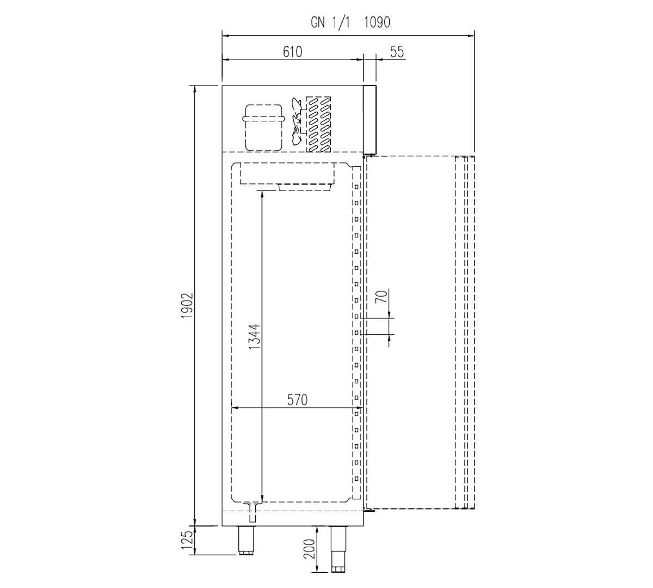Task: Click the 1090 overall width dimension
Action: pyautogui.click(x=377, y=22)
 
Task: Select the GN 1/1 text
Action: pyautogui.click(x=330, y=23)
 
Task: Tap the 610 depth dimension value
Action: pyautogui.click(x=292, y=52)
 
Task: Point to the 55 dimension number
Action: pyautogui.click(x=397, y=52)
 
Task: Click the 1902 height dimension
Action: pyautogui.click(x=188, y=305)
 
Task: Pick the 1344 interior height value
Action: pyautogui.click(x=255, y=336)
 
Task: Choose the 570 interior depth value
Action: pyautogui.click(x=297, y=400)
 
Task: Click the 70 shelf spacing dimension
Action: pyautogui.click(x=382, y=296)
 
